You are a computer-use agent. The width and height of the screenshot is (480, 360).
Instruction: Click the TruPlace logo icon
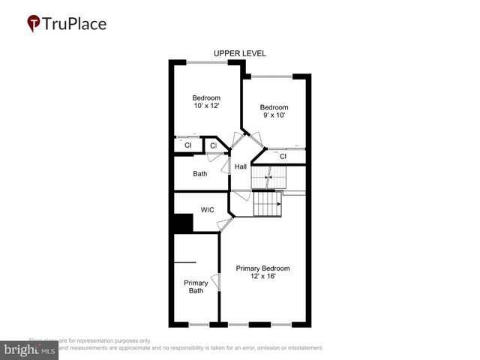[x=34, y=24]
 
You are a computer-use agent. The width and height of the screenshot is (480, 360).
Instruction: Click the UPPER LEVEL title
[x=240, y=53]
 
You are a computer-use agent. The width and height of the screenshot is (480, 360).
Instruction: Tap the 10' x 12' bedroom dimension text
[x=206, y=106]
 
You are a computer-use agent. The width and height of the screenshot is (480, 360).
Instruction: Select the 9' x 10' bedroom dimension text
[x=274, y=115]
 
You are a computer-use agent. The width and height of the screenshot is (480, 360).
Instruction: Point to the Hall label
[x=241, y=166]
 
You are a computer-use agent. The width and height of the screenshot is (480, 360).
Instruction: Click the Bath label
[x=200, y=174]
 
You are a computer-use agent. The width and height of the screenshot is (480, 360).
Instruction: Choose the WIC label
[x=208, y=210]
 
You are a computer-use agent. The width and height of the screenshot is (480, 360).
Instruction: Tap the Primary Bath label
[x=196, y=286]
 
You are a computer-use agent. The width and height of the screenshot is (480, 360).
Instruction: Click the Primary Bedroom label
[x=262, y=268]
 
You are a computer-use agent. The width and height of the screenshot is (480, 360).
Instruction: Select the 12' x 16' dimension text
[x=262, y=276]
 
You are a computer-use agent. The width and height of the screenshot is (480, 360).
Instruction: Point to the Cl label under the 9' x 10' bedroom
[x=283, y=157]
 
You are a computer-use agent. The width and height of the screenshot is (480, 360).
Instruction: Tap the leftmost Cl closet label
[x=188, y=145]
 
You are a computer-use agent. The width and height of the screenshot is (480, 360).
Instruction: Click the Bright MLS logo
[x=29, y=349]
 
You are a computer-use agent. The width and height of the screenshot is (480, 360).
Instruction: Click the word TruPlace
[x=76, y=23]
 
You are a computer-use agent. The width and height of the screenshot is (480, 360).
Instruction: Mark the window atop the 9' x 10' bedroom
[x=271, y=76]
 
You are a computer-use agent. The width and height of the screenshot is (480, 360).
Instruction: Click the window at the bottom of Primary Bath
[x=199, y=325]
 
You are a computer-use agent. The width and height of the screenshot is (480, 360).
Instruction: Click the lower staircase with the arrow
[x=266, y=203]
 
